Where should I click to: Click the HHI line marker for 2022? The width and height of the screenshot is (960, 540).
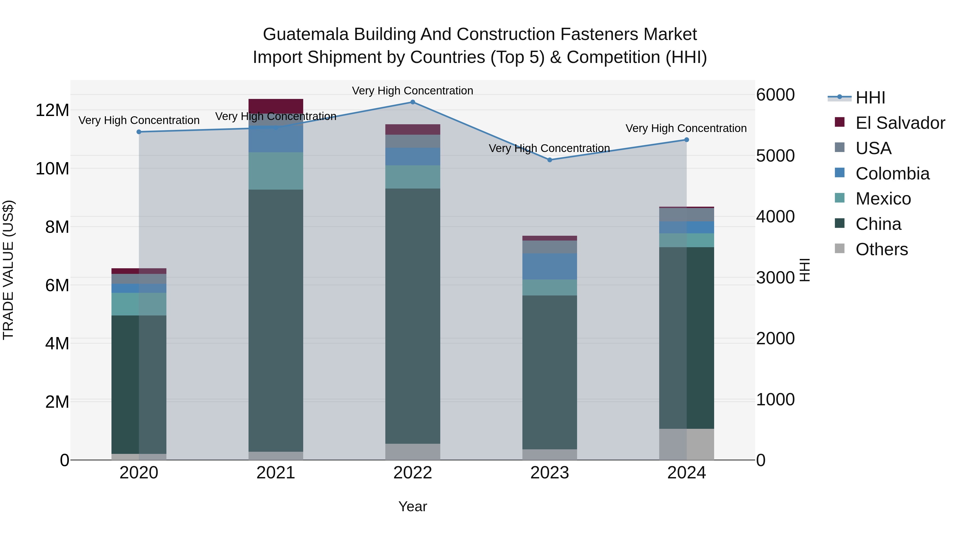(x=413, y=102)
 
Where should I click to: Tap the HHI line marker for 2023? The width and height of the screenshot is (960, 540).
(x=550, y=160)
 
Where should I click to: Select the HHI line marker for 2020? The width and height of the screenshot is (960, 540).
(x=139, y=132)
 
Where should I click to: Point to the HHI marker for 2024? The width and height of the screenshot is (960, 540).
(x=686, y=140)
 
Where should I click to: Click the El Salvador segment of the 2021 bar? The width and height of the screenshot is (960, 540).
(x=276, y=106)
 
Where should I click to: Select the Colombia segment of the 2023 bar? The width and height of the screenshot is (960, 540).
(x=550, y=266)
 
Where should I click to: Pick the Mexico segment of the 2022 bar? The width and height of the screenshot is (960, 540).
(x=413, y=177)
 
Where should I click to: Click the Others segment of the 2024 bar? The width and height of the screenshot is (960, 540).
(x=686, y=444)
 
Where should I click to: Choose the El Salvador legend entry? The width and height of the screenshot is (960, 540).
(x=900, y=123)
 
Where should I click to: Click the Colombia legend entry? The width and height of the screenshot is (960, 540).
(x=892, y=174)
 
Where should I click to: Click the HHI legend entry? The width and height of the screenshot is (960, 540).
(x=870, y=98)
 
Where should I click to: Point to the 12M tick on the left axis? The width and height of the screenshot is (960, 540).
(x=52, y=110)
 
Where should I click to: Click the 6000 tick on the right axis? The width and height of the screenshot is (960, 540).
(x=775, y=95)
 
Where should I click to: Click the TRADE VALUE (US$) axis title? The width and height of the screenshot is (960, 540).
(x=8, y=270)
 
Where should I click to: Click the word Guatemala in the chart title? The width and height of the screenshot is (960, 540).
(x=306, y=34)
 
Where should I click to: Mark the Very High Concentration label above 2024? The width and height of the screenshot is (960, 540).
(x=686, y=128)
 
